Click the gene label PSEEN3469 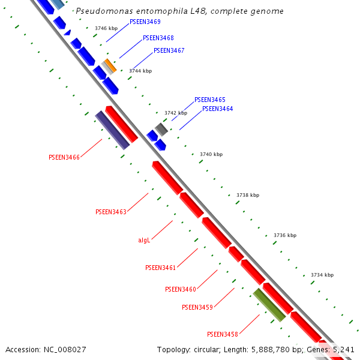(x=145, y=22)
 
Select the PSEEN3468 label (x=158, y=38)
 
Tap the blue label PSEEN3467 (x=169, y=51)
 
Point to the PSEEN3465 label (x=210, y=100)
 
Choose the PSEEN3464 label (x=218, y=109)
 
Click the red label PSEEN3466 (x=64, y=157)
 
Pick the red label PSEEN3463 (x=111, y=212)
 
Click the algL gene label (x=144, y=240)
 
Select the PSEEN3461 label (x=161, y=268)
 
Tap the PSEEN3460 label (x=181, y=289)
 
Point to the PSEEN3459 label (x=197, y=307)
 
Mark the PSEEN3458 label (x=223, y=334)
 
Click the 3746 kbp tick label (x=106, y=28)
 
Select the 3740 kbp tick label (x=211, y=154)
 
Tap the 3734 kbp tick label (x=322, y=275)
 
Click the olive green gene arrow (x=268, y=305)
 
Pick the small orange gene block (x=110, y=64)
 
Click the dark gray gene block (x=161, y=128)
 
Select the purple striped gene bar (x=112, y=130)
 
